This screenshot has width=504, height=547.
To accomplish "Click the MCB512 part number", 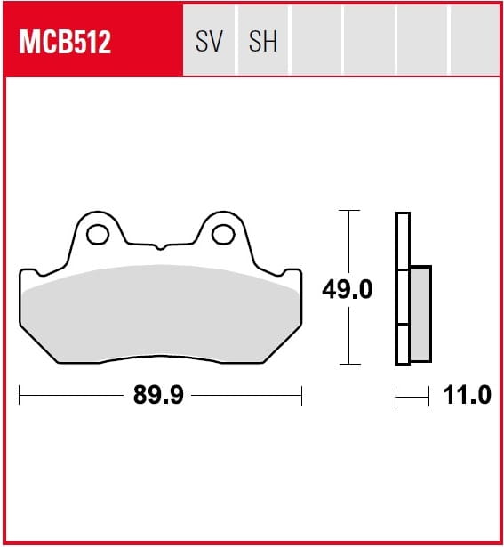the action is pyautogui.click(x=65, y=42).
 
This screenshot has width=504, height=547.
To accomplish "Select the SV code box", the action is pyautogui.click(x=209, y=40).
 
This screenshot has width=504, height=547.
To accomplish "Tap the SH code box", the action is pyautogui.click(x=263, y=40).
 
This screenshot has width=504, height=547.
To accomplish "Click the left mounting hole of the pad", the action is pyautogui.click(x=98, y=235).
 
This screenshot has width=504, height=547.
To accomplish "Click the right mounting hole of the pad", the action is pyautogui.click(x=223, y=235).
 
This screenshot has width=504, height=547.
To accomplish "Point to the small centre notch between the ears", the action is pyautogui.click(x=160, y=247).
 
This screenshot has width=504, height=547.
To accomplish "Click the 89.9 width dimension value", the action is pyautogui.click(x=158, y=395).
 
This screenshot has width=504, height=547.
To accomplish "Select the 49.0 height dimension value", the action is pyautogui.click(x=348, y=289).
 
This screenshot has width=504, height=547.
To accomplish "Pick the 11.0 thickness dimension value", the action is pyautogui.click(x=467, y=395).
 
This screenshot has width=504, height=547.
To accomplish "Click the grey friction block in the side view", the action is pyautogui.click(x=420, y=314).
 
